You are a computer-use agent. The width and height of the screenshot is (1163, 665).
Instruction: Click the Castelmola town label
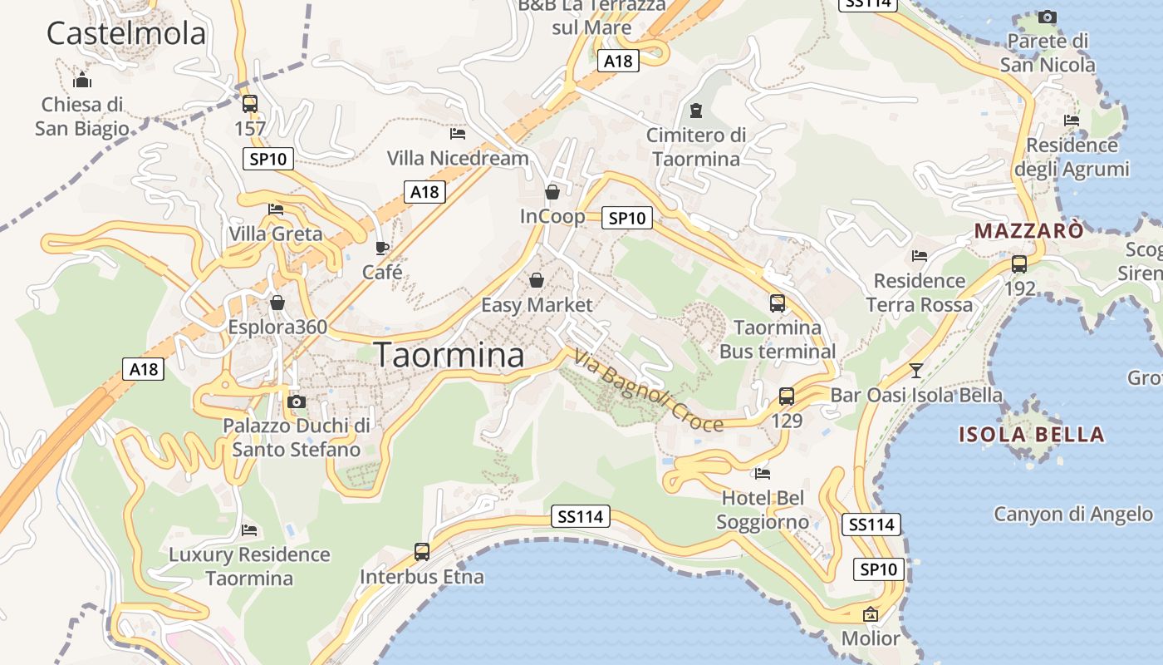[126, 33]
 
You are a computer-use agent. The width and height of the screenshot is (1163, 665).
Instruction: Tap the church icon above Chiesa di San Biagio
[82, 81]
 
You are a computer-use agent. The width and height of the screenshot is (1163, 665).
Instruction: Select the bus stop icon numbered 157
[249, 104]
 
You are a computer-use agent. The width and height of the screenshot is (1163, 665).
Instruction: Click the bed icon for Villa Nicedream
[458, 133]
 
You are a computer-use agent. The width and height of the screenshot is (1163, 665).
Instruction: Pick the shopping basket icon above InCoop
[552, 193]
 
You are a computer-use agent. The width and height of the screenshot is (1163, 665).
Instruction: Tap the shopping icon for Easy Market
[537, 280]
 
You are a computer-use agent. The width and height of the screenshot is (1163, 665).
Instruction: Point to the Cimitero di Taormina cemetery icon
[696, 110]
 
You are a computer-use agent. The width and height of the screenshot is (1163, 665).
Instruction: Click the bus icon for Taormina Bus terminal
[778, 303]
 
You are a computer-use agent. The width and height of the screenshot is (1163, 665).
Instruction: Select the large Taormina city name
[449, 355]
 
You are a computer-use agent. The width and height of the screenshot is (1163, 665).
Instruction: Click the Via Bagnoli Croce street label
[648, 390]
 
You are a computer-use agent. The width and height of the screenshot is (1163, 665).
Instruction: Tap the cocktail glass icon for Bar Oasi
[916, 370]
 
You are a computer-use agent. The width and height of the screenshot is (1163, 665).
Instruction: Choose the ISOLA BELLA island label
[1032, 434]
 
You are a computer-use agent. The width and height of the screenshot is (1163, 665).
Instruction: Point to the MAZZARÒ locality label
[1029, 230]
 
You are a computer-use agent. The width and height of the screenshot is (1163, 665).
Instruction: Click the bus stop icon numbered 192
[1019, 264]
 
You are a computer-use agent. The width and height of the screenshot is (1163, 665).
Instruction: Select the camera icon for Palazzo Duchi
[296, 402]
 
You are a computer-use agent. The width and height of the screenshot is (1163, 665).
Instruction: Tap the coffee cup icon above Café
[382, 248]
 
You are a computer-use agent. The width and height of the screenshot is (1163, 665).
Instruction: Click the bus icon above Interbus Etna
[422, 551]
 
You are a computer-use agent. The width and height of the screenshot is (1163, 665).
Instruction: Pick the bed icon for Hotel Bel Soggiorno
[763, 474]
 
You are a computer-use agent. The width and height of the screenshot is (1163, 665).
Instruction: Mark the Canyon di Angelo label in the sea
[1073, 515]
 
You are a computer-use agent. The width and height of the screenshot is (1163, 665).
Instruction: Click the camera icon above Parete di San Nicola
[1048, 17]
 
